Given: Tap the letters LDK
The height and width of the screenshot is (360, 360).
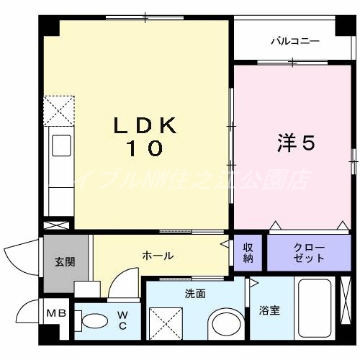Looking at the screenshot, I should click(144, 126).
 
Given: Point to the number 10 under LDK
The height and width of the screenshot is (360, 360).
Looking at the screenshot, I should click(144, 150).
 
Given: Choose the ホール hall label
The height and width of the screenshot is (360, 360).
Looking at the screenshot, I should click(158, 256).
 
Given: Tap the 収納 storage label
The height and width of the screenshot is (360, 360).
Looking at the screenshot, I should click(248, 253).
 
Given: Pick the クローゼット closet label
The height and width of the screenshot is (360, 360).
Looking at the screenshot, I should click(309, 253).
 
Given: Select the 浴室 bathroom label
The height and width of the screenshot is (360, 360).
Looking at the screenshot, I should click(270, 311).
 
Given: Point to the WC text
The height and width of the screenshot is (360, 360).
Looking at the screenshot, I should click(123, 320).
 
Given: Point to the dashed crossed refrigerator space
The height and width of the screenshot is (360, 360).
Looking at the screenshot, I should click(58, 109).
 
